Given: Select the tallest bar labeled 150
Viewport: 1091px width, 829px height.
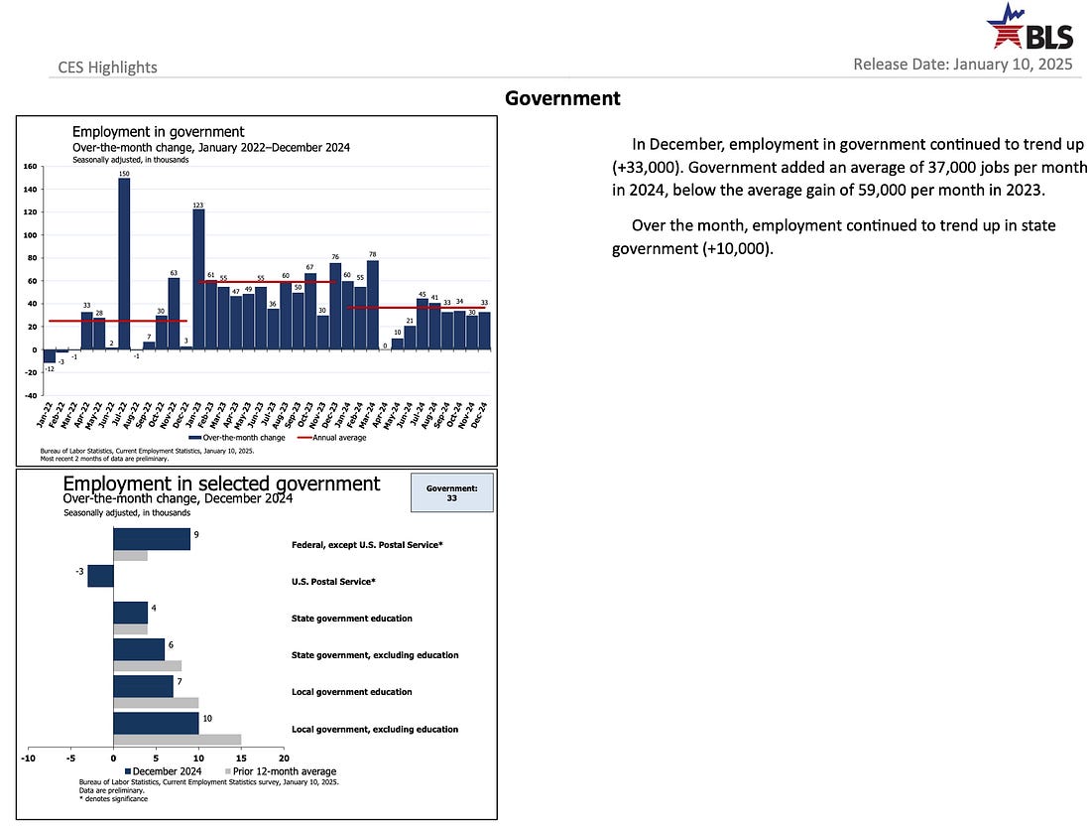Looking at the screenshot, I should (x=124, y=264).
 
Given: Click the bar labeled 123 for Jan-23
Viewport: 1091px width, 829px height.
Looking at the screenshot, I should (x=198, y=279).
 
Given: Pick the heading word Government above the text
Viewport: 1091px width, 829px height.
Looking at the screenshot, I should (x=562, y=98).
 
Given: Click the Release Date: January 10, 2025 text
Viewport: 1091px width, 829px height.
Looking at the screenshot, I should (x=962, y=66).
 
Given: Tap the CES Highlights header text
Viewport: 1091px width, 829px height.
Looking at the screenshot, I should (x=108, y=67).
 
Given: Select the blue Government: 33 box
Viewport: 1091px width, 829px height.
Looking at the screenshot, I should (x=451, y=492).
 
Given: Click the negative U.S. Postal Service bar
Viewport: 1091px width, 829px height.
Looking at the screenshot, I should (x=100, y=576).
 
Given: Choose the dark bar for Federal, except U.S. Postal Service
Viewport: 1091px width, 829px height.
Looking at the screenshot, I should (x=152, y=538).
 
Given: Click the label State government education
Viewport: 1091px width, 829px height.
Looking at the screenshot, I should (x=351, y=619).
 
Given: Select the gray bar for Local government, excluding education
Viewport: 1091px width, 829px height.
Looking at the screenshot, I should (x=177, y=739).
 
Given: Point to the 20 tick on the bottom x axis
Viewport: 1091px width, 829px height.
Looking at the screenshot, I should (x=284, y=759).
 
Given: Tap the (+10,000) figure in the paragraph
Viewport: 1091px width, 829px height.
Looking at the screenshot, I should (x=736, y=248).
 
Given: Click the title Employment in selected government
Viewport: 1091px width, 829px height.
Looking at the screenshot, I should (x=221, y=484).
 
